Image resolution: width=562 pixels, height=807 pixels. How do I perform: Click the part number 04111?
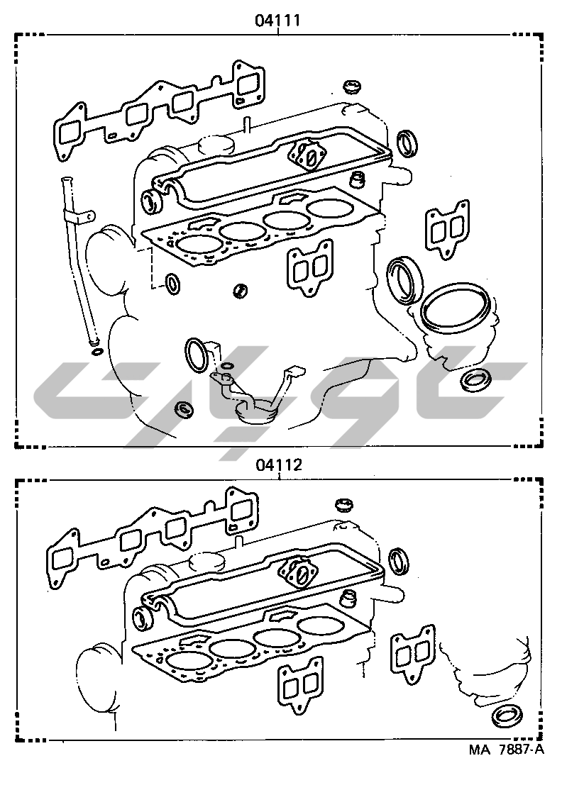pyautogui.click(x=277, y=21)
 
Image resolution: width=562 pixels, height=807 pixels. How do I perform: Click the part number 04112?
pyautogui.click(x=279, y=464)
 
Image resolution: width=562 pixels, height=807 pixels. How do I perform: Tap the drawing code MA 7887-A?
pyautogui.click(x=506, y=749)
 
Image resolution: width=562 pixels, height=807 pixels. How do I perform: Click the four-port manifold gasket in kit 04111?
pyautogui.click(x=160, y=111)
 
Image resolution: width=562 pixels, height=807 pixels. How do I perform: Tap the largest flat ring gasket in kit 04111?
pyautogui.click(x=453, y=308)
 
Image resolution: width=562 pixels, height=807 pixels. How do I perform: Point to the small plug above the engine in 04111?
pyautogui.click(x=353, y=87)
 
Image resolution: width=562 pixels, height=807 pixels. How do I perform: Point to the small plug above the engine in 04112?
pyautogui.click(x=344, y=505)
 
